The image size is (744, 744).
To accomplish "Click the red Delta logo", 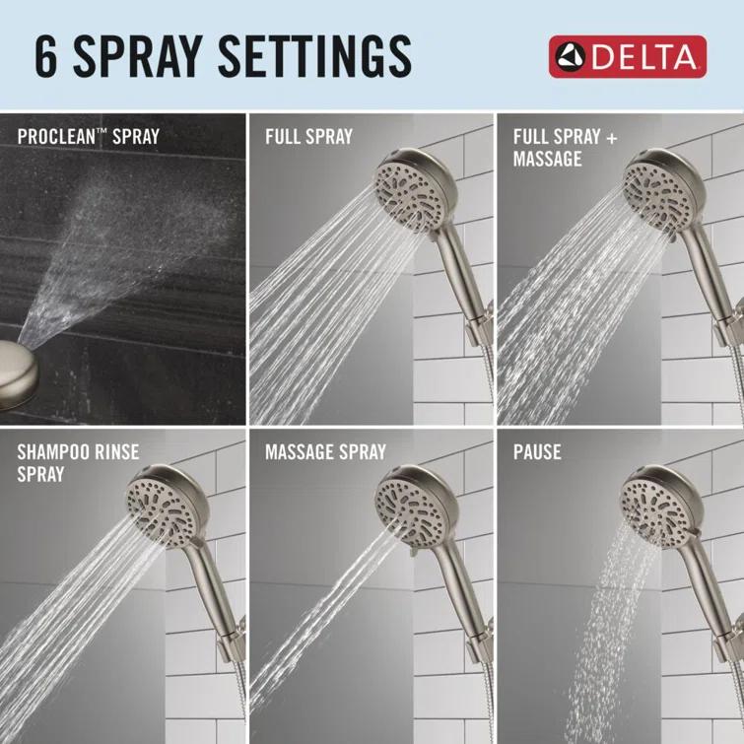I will pyautogui.click(x=627, y=56).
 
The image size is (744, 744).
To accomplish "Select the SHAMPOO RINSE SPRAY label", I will pyautogui.click(x=78, y=463).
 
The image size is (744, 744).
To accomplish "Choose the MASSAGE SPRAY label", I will pyautogui.click(x=325, y=453).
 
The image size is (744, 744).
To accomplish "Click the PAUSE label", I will pyautogui.click(x=537, y=453).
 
